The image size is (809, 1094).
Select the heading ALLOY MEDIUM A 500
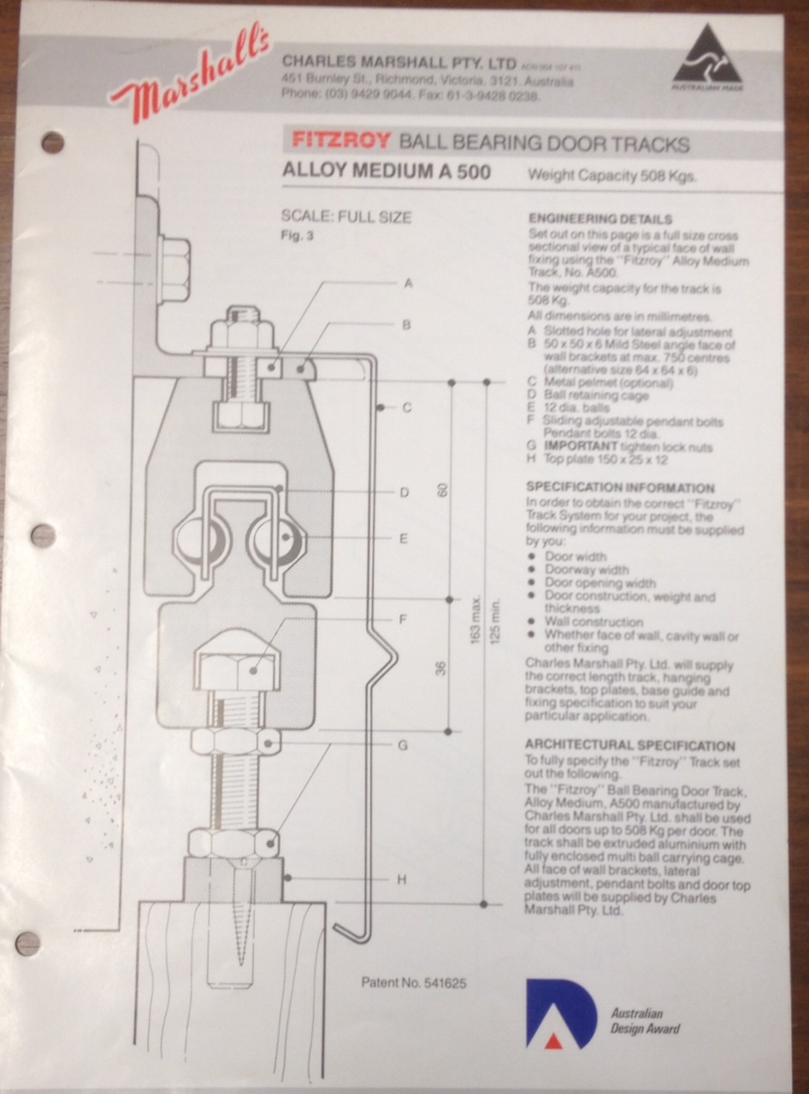coord(386,172)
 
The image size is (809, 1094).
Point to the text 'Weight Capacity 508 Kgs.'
coord(612,177)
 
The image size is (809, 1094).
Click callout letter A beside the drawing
coord(408,283)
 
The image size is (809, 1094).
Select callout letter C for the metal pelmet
coord(408,408)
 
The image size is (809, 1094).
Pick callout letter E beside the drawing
coord(402,538)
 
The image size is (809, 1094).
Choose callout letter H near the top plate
coord(401,879)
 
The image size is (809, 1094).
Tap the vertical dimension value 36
coord(442,667)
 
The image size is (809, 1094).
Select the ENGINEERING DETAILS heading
coord(600,219)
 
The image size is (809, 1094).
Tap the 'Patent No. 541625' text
coord(414,983)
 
